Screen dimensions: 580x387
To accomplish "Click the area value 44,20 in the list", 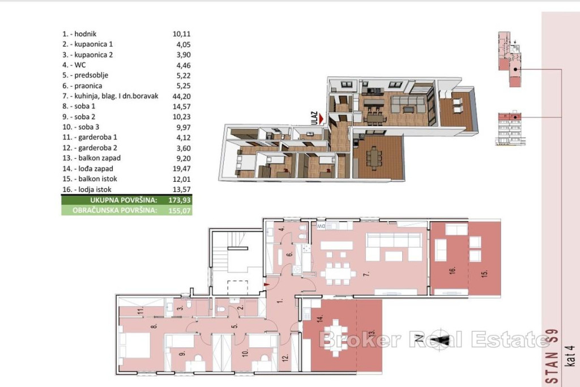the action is point(181,96).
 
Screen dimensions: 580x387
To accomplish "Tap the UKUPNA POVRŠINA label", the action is point(123,200).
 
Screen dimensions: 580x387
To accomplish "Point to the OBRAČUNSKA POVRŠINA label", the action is point(114,211).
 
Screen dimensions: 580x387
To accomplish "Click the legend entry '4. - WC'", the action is point(74,65).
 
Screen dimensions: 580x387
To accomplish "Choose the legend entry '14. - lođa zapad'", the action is point(88,169).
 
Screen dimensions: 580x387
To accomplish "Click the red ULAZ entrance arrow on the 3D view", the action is point(322,119).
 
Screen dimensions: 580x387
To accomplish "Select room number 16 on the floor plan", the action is point(453,270).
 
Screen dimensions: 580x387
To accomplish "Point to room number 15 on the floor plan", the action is point(485,274).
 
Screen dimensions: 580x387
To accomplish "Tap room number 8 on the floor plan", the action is point(154,326).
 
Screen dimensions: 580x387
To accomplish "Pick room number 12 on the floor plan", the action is point(285,358).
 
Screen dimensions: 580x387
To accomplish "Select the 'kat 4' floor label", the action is point(571,356).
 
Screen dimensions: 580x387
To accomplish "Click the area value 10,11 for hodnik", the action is point(181,34).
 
